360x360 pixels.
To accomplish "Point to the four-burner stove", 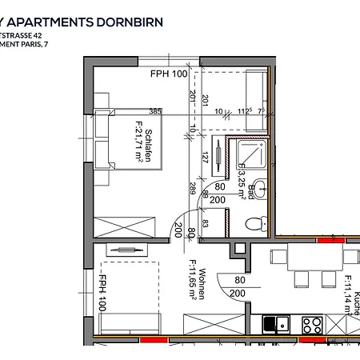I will click(x=312, y=325).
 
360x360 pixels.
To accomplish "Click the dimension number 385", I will click(x=154, y=111).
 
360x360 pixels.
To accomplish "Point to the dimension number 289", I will click(x=192, y=190).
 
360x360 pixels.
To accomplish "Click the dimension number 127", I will click(x=205, y=157).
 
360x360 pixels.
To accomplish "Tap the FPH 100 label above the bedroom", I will click(x=168, y=74).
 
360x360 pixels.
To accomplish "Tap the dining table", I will click(x=316, y=258).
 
